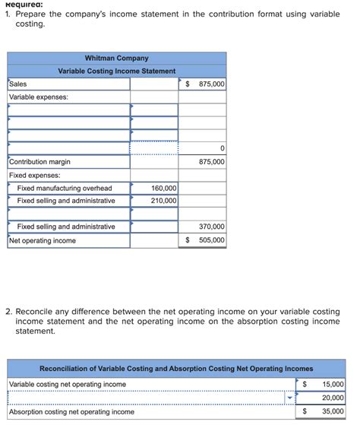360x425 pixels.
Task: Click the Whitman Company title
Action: pyautogui.click(x=116, y=58)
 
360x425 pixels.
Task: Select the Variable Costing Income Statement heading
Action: pyautogui.click(x=116, y=71)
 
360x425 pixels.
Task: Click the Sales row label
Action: pyautogui.click(x=17, y=84)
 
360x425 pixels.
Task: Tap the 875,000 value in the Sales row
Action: pyautogui.click(x=211, y=84)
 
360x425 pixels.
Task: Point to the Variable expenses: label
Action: pyautogui.click(x=38, y=97)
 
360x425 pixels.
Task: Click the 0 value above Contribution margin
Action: pyautogui.click(x=222, y=149)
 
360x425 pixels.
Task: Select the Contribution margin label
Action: pyautogui.click(x=39, y=162)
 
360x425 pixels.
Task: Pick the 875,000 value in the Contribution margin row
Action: pyautogui.click(x=211, y=162)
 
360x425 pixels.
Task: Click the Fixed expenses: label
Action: pyautogui.click(x=34, y=175)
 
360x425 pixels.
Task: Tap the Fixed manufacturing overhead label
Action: pyautogui.click(x=65, y=188)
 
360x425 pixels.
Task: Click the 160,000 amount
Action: pyautogui.click(x=164, y=188)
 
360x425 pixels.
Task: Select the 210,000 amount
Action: pyautogui.click(x=164, y=201)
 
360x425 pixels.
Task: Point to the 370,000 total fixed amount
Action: pyautogui.click(x=211, y=227)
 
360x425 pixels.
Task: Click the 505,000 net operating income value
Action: pyautogui.click(x=211, y=240)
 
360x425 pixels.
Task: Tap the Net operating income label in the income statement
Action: pyautogui.click(x=43, y=240)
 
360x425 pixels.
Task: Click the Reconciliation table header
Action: pyautogui.click(x=176, y=369)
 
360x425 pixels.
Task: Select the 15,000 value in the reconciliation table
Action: pyautogui.click(x=333, y=385)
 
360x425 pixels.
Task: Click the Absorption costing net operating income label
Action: pyautogui.click(x=71, y=412)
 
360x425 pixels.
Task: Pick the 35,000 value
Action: pyautogui.click(x=333, y=412)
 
